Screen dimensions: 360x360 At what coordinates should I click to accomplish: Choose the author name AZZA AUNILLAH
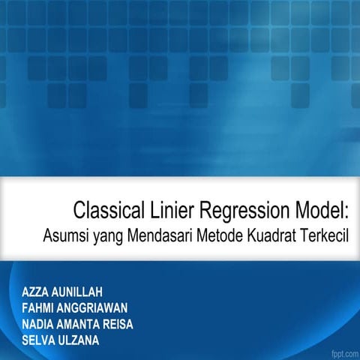(x=62, y=292)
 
